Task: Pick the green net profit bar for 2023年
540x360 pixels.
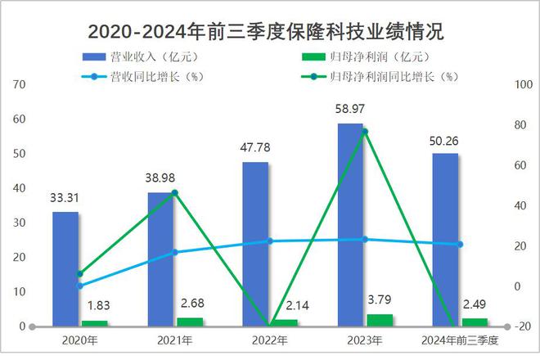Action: [x=379, y=320]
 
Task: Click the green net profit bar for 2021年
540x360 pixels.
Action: [x=190, y=322]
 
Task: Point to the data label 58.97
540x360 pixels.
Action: [x=350, y=108]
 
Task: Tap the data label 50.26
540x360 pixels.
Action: [x=445, y=138]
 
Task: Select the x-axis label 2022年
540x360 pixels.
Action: [x=269, y=340]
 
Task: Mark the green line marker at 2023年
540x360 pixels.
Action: [x=365, y=132]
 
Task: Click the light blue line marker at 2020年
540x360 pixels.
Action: [x=79, y=286]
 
